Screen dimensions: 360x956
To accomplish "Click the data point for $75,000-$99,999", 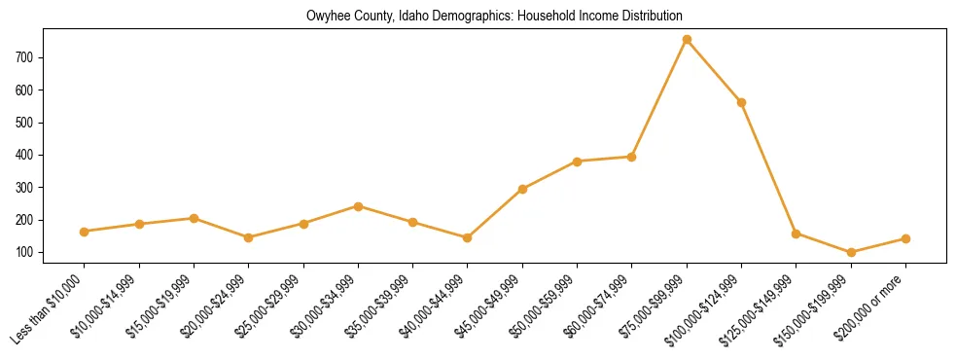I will pyautogui.click(x=687, y=40).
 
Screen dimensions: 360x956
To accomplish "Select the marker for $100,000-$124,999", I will pyautogui.click(x=742, y=102).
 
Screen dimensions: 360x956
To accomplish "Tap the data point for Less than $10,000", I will pyautogui.click(x=85, y=232).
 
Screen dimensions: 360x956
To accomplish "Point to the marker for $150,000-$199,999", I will pyautogui.click(x=851, y=252).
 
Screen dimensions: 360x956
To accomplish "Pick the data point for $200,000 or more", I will pyautogui.click(x=905, y=238).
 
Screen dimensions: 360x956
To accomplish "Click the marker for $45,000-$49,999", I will pyautogui.click(x=523, y=189).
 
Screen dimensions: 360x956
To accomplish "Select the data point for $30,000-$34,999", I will pyautogui.click(x=359, y=206).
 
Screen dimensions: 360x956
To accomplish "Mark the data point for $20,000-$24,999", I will pyautogui.click(x=249, y=237).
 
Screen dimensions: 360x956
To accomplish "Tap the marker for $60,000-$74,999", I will pyautogui.click(x=632, y=157).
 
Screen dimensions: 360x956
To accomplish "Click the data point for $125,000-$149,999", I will pyautogui.click(x=797, y=234).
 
